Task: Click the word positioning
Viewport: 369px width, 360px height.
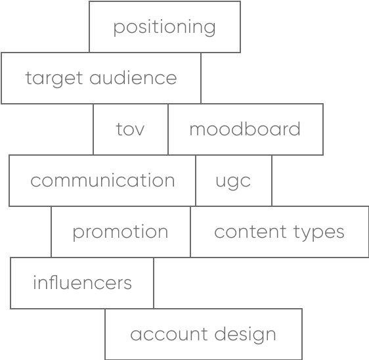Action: coord(164,28)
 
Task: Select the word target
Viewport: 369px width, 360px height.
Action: coord(54,79)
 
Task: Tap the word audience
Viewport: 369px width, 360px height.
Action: coord(133,78)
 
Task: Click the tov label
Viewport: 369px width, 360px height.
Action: coord(130,129)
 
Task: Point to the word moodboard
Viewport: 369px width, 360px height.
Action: coord(245,129)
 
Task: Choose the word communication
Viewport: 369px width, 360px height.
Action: coord(102,180)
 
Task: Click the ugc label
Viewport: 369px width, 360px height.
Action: coord(233,182)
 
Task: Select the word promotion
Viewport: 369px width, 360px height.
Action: coord(120,233)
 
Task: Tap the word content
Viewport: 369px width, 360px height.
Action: coord(250,232)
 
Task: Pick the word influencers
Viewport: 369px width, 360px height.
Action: coord(82,282)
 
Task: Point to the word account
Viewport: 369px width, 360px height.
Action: coord(169,334)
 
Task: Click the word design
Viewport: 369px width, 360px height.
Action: coord(245,335)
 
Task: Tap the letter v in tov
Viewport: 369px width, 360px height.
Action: coord(139,130)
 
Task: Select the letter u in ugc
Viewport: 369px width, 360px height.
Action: coord(221,181)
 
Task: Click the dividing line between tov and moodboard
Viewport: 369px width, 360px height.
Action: coord(168,129)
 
